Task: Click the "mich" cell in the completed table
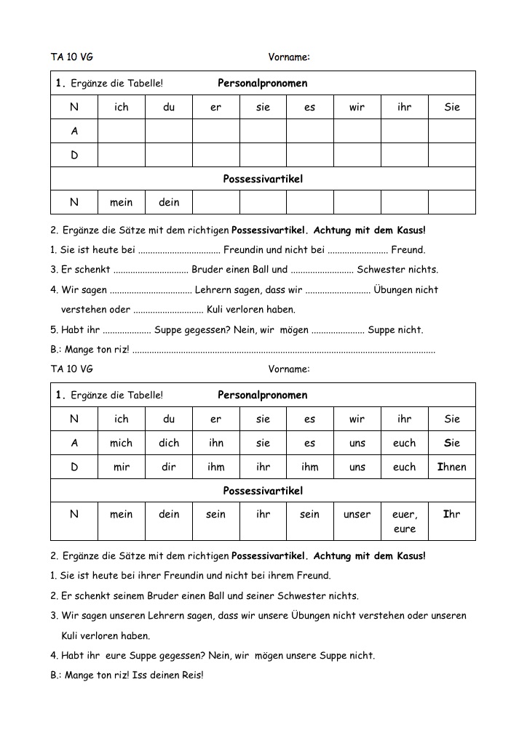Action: coord(121,443)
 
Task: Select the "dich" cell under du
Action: coord(168,443)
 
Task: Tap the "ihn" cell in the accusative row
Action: coord(215,443)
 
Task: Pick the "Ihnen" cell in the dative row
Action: coord(451,467)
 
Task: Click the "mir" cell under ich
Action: coord(121,467)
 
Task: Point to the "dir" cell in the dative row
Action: coord(168,467)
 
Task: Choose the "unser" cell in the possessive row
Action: coord(357,514)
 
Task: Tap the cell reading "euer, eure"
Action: coord(404,521)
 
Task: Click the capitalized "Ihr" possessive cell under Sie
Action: coord(451,514)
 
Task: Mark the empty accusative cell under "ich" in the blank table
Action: coord(121,132)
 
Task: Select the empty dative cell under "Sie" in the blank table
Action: coord(451,156)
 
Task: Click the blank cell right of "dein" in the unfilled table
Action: coord(215,202)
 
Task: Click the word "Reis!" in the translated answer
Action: coord(192,675)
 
